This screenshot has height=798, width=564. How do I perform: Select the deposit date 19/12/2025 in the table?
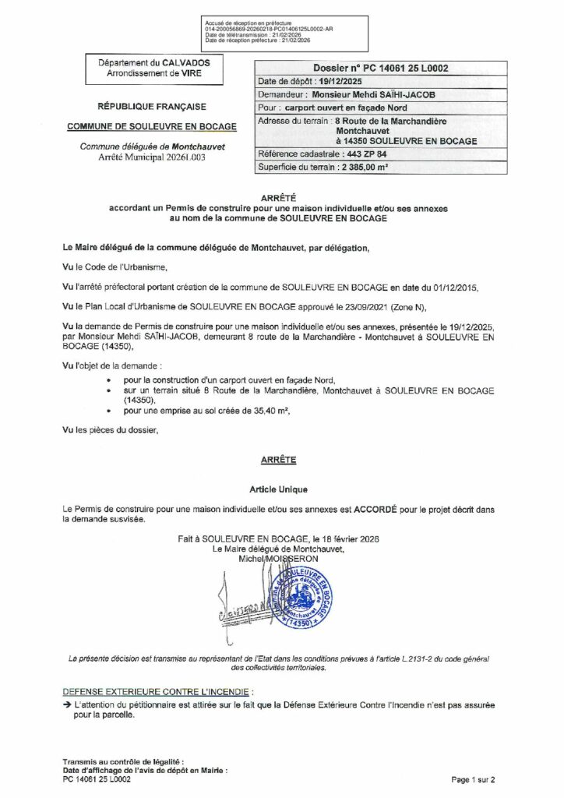(344, 81)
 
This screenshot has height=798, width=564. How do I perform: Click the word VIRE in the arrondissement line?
(196, 72)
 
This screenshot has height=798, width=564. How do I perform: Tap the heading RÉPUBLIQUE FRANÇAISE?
(152, 106)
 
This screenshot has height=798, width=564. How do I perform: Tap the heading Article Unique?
(278, 489)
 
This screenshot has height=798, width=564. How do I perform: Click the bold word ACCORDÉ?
(376, 508)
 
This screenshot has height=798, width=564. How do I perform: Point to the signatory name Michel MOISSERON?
(281, 559)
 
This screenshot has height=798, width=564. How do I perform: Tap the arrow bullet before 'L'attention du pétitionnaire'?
(67, 704)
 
